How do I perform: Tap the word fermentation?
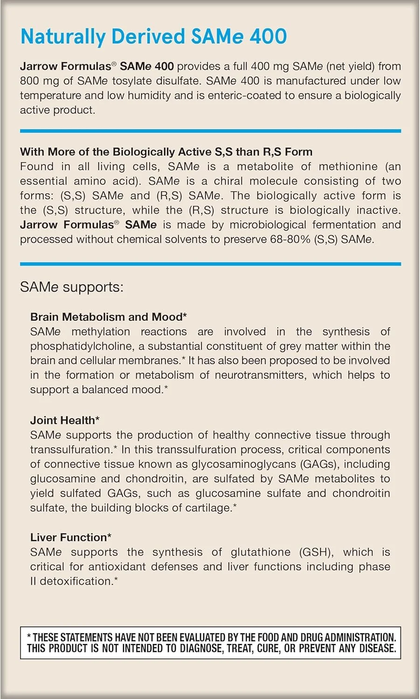coord(344,225)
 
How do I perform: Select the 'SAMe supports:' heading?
coord(71,287)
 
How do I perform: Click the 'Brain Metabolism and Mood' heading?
coord(108,317)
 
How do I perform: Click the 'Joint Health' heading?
coord(64,420)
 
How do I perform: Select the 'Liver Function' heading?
coord(70,537)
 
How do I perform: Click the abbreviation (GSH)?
coord(316,552)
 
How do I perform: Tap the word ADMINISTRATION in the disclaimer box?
coord(359,637)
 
